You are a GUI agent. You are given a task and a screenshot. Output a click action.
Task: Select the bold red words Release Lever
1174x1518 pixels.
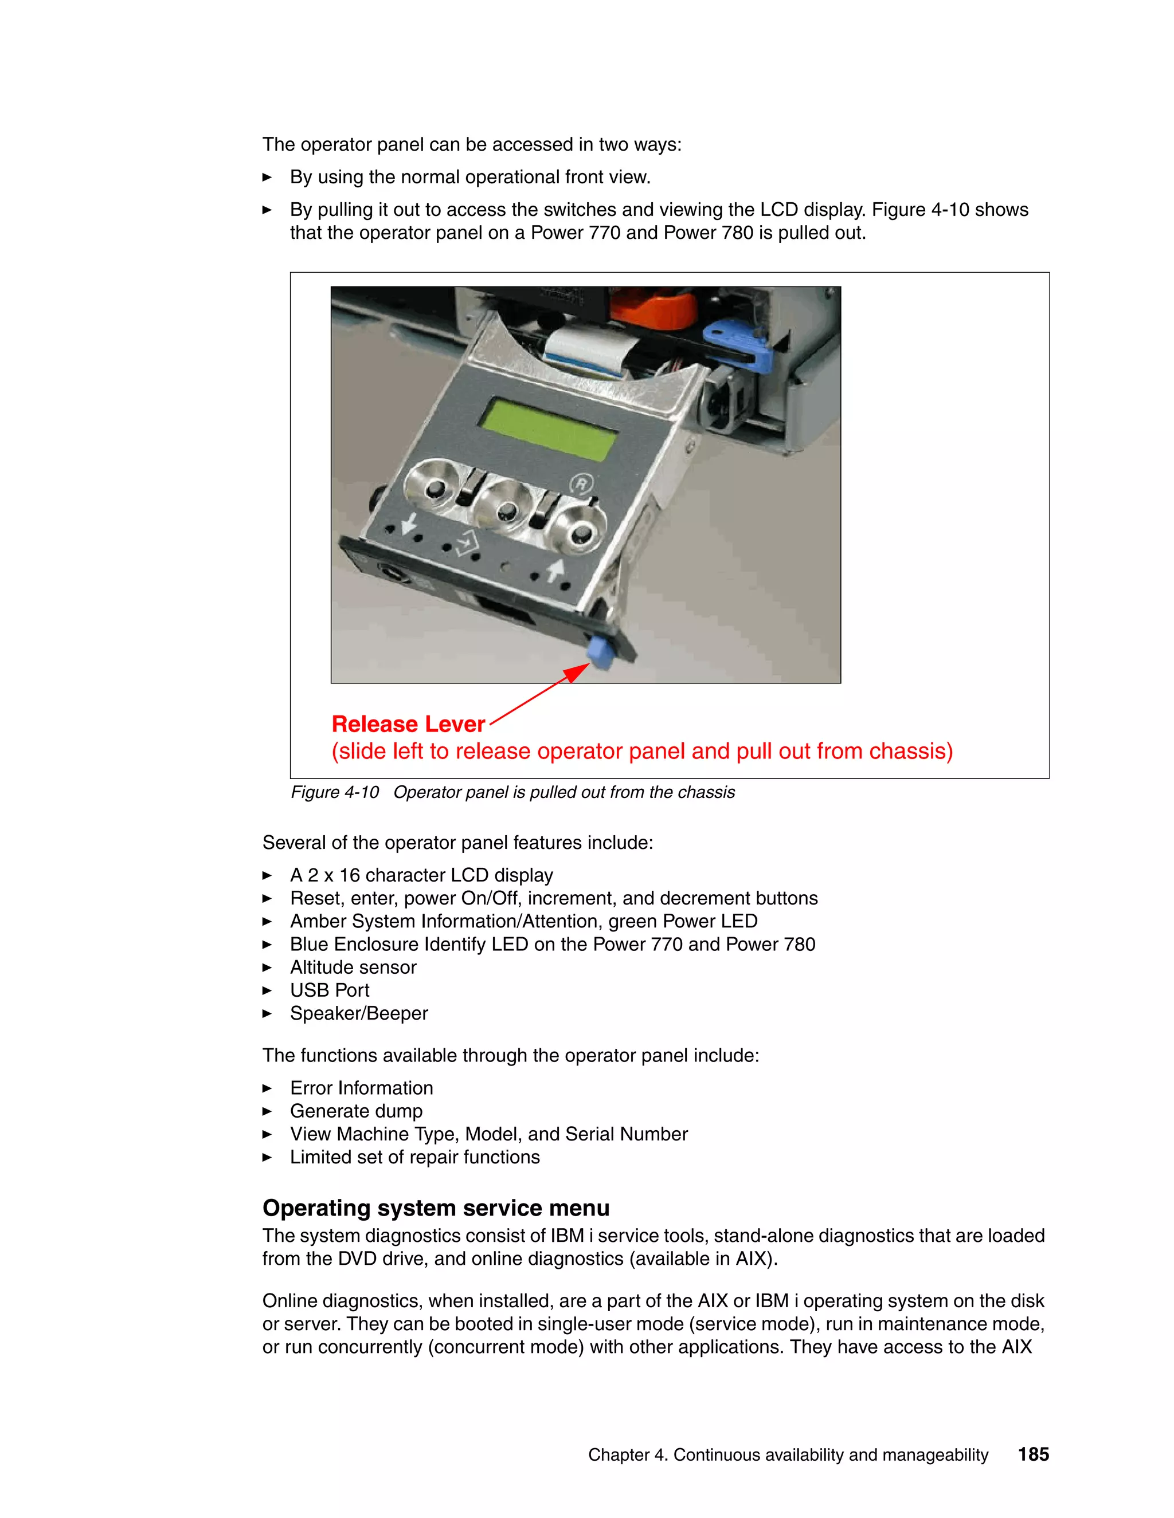pyautogui.click(x=408, y=724)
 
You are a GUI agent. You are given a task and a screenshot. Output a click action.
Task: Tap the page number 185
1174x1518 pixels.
pyautogui.click(x=1033, y=1454)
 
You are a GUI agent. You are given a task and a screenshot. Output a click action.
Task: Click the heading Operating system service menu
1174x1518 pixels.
pyautogui.click(x=436, y=1208)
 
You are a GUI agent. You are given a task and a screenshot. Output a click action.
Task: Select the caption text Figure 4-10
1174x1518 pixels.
pyautogui.click(x=335, y=792)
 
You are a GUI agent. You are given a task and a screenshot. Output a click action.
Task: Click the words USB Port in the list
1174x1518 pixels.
pyautogui.click(x=330, y=990)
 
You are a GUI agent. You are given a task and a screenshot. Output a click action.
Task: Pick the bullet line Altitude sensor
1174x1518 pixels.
pyautogui.click(x=353, y=968)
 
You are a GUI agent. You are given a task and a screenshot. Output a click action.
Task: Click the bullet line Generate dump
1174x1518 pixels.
pyautogui.click(x=356, y=1111)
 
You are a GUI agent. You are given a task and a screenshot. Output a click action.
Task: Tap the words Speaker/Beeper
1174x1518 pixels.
pyautogui.click(x=359, y=1013)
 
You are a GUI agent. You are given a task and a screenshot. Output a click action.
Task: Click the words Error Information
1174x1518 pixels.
pyautogui.click(x=361, y=1088)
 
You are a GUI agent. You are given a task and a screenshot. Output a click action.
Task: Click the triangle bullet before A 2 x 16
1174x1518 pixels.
pyautogui.click(x=267, y=876)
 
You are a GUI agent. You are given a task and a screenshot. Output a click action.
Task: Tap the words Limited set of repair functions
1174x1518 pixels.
pyautogui.click(x=414, y=1157)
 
